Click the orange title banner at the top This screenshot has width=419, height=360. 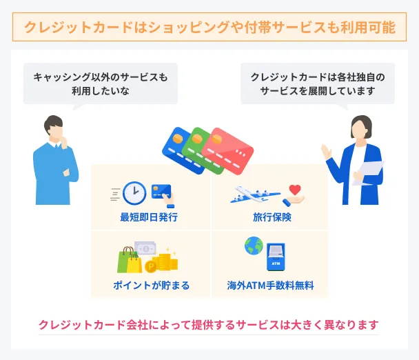[209, 28]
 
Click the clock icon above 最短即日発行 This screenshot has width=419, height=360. [134, 193]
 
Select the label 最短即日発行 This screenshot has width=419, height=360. [149, 218]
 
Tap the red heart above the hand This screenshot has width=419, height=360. [295, 188]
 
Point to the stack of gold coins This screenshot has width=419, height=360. [165, 261]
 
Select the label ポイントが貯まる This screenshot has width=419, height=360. [151, 285]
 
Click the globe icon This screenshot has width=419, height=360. [254, 246]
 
